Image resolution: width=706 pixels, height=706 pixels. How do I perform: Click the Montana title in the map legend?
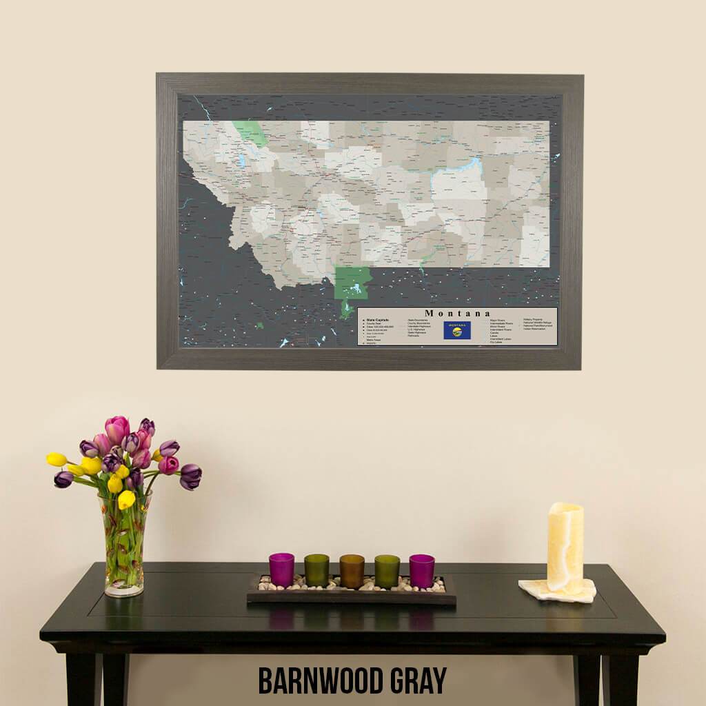click(x=458, y=313)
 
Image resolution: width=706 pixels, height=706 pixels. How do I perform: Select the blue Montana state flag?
click(x=457, y=330)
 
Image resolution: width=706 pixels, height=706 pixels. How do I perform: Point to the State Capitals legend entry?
click(x=377, y=320)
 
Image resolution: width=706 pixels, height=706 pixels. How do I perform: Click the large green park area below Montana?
click(x=352, y=283)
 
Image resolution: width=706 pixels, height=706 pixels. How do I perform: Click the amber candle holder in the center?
click(x=352, y=571)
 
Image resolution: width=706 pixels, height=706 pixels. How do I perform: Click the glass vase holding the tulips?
click(x=125, y=545)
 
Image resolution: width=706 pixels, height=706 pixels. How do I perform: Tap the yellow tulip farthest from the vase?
click(x=57, y=459)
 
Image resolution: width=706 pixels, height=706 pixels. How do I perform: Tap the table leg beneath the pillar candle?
click(x=587, y=676)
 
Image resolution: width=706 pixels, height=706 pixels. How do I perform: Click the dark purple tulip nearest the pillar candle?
click(x=190, y=476)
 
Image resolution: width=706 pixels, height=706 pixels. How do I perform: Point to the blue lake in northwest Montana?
click(x=242, y=161)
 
